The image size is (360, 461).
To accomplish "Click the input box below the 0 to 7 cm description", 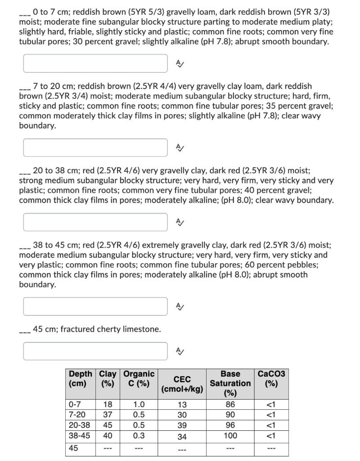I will pos(95,63).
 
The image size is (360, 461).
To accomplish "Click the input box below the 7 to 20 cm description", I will pos(95,148).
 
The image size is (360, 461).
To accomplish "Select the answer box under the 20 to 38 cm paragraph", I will pos(95,221).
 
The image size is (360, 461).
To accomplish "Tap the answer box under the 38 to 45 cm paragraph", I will pos(95,306).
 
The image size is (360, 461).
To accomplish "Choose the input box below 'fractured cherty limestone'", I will pos(95,351).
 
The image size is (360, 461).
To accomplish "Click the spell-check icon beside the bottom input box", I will pos(179,351).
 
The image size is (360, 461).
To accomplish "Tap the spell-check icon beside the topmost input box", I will pos(179,63).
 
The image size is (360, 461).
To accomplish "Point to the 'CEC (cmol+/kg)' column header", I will pos(182,384).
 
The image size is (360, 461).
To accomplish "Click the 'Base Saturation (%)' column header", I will pos(230,384).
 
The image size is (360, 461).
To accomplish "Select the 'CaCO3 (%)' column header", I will pos(271,379).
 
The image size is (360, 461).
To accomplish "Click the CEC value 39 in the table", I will pos(182,425).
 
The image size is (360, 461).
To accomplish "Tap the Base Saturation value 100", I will pos(230,435).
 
